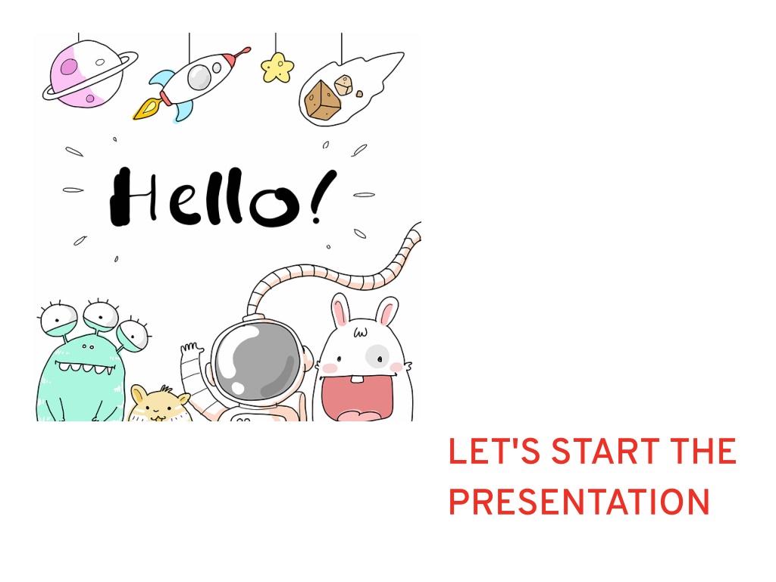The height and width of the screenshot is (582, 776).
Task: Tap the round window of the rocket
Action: (x=200, y=77)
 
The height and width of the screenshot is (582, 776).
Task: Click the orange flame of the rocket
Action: (x=146, y=109)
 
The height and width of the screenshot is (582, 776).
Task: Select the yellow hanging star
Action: (x=277, y=67)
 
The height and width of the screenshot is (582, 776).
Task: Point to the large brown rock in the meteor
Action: (x=322, y=101)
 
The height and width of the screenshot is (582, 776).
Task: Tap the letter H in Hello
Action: (x=133, y=196)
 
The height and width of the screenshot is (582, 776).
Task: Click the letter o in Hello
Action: (x=275, y=206)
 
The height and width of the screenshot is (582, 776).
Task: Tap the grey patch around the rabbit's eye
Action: (x=378, y=356)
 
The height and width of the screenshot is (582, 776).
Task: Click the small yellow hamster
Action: (x=158, y=404)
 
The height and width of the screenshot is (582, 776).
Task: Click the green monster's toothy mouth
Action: (x=85, y=368)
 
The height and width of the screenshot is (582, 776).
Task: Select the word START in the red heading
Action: (x=605, y=452)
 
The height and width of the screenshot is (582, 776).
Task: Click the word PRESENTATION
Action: (x=580, y=502)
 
